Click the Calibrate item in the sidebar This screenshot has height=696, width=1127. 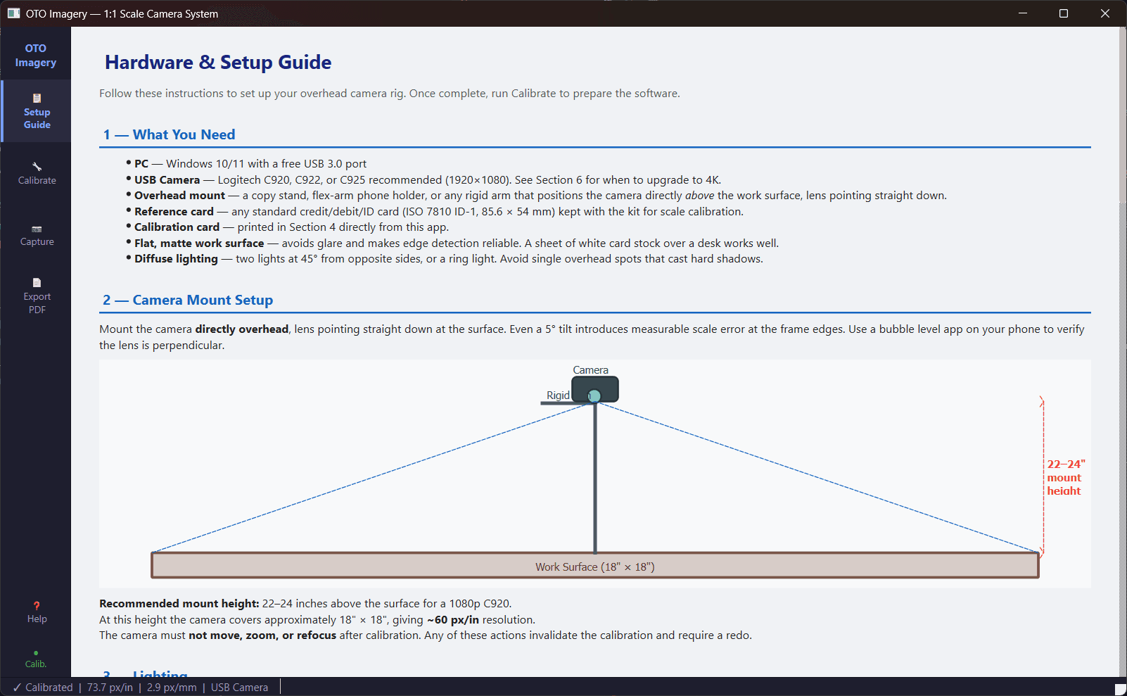pyautogui.click(x=37, y=174)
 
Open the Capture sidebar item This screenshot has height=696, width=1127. pyautogui.click(x=37, y=236)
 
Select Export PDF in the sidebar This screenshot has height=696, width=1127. pyautogui.click(x=37, y=296)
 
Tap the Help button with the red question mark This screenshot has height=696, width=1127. pyautogui.click(x=37, y=612)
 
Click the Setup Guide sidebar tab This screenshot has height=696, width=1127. pyautogui.click(x=37, y=111)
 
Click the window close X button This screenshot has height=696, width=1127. pyautogui.click(x=1104, y=13)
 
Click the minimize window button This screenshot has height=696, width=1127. pyautogui.click(x=1023, y=13)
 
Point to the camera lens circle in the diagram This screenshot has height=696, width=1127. pyautogui.click(x=594, y=396)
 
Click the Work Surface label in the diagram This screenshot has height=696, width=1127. pyautogui.click(x=594, y=567)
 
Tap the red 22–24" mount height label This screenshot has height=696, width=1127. pyautogui.click(x=1065, y=477)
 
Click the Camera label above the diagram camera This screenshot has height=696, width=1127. pyautogui.click(x=590, y=370)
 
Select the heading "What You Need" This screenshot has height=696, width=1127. pyautogui.click(x=184, y=134)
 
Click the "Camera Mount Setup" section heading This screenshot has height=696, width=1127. pyautogui.click(x=203, y=300)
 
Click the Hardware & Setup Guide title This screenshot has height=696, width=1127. pyautogui.click(x=218, y=63)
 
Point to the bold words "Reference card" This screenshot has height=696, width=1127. pyautogui.click(x=174, y=212)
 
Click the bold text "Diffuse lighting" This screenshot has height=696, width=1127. pyautogui.click(x=176, y=259)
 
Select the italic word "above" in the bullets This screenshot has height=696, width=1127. pyautogui.click(x=699, y=196)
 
